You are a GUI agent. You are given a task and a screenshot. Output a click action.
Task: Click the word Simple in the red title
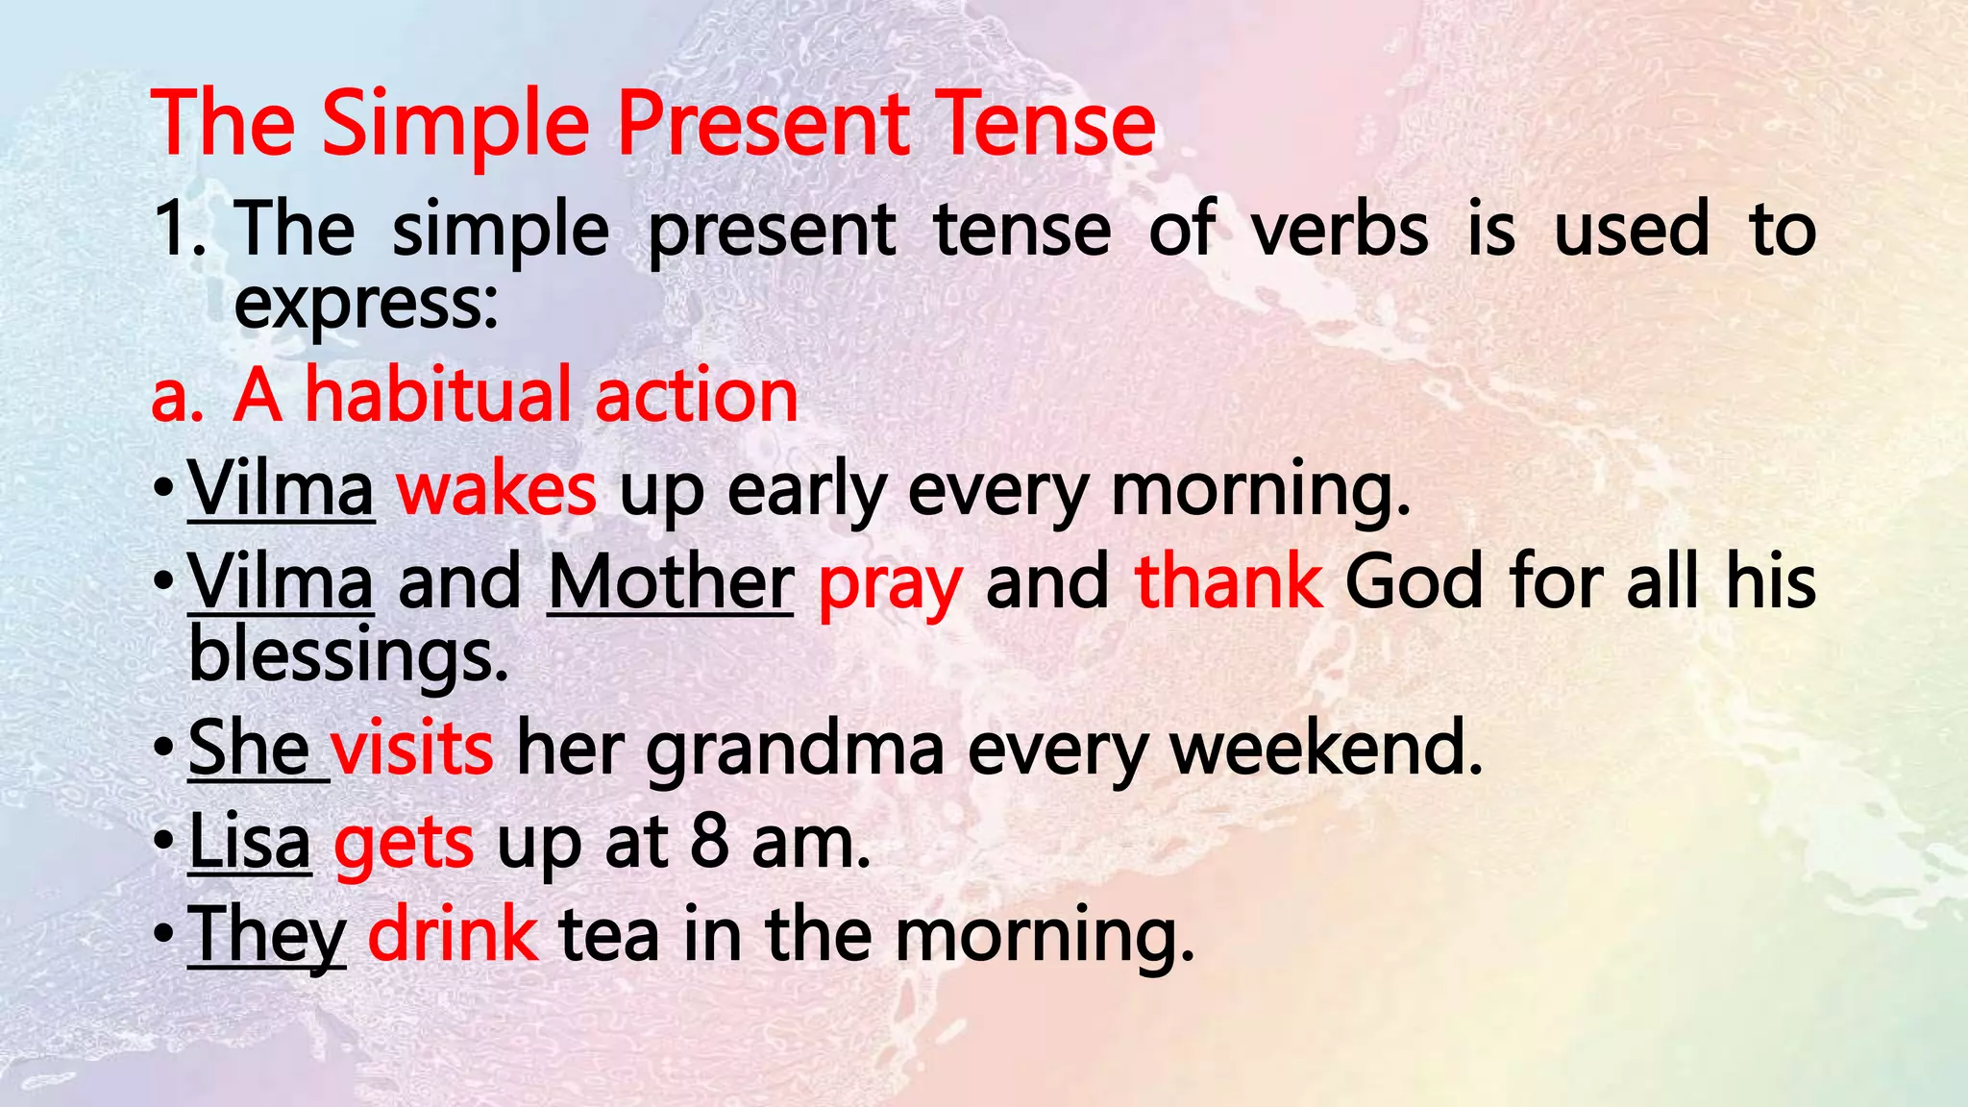click(x=455, y=125)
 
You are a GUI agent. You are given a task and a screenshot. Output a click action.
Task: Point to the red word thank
click(x=1229, y=582)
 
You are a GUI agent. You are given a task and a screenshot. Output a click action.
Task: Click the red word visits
click(x=412, y=749)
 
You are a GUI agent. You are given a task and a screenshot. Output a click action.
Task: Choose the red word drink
click(x=453, y=934)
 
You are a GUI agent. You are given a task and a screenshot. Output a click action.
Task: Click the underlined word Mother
click(x=671, y=582)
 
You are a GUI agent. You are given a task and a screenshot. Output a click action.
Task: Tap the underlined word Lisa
click(x=250, y=843)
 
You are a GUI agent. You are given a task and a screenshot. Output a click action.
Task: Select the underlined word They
click(x=266, y=935)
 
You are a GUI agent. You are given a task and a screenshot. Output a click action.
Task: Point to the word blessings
click(x=348, y=656)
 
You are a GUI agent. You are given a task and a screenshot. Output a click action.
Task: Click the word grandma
click(x=795, y=749)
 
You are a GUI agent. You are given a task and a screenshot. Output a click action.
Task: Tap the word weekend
click(x=1326, y=749)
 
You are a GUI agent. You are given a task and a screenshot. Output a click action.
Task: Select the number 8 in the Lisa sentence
click(x=709, y=843)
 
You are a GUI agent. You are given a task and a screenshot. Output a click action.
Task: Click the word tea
click(x=609, y=935)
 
